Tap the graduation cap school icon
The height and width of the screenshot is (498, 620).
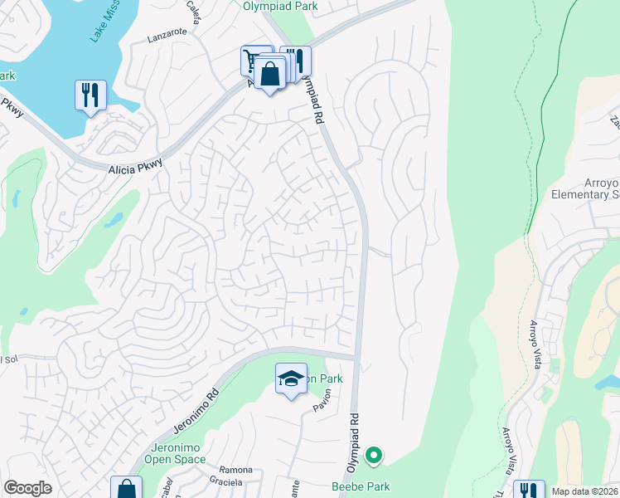[290, 378]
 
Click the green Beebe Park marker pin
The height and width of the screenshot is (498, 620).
[374, 455]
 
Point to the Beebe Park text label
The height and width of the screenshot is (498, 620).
[361, 486]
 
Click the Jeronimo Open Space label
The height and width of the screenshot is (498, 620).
[174, 452]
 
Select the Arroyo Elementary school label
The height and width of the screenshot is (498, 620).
[585, 188]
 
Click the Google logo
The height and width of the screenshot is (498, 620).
[27, 488]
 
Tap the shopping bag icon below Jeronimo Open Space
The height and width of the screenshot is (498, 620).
[126, 488]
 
